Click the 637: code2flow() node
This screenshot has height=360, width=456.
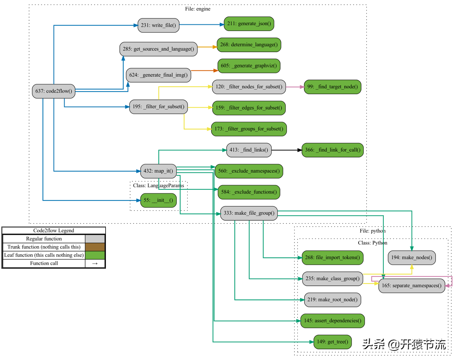tap(54, 91)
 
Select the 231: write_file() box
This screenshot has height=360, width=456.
tap(158, 25)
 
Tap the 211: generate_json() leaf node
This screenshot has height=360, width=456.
tap(249, 24)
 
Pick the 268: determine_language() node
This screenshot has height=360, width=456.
tap(249, 45)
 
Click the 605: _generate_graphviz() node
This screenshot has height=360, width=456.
tap(249, 66)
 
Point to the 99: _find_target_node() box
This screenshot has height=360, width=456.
tap(332, 87)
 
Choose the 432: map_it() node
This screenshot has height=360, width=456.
tap(158, 171)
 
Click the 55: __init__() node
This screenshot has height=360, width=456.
tap(158, 200)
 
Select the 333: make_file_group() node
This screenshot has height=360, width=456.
tap(249, 213)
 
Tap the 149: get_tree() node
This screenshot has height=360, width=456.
tap(332, 342)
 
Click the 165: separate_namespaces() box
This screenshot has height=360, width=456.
tap(411, 286)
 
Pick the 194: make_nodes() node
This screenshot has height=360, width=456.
tap(411, 258)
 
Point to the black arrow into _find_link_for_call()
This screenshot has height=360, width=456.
tap(287, 150)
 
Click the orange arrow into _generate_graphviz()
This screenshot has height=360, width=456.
tap(205, 70)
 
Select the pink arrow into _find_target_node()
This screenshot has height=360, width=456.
tap(295, 87)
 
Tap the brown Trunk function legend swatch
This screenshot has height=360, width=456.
tap(95, 247)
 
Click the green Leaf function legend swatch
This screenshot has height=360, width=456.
tap(95, 255)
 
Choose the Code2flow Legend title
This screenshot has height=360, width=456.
tap(54, 230)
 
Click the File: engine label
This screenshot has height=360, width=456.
tap(198, 9)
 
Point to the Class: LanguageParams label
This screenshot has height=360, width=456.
tap(159, 185)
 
